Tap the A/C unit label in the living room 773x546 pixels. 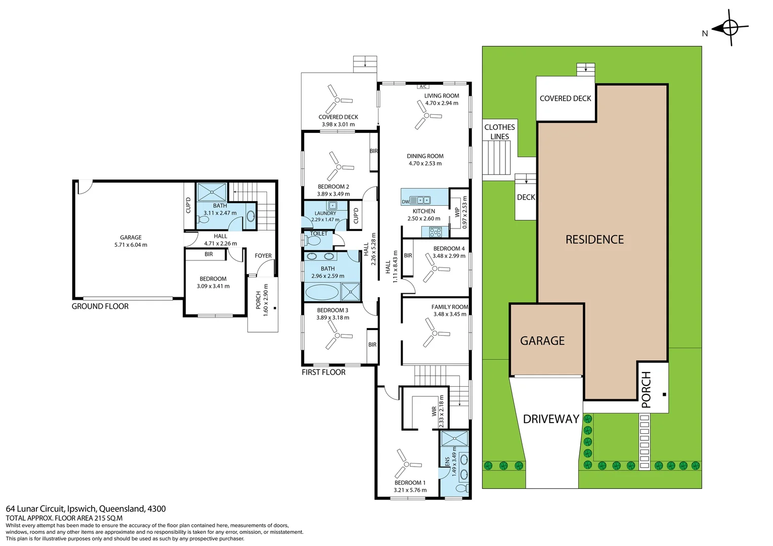click(x=423, y=86)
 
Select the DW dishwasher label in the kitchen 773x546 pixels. click(x=405, y=202)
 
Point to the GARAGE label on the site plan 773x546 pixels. click(x=542, y=341)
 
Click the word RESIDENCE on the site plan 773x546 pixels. click(x=594, y=239)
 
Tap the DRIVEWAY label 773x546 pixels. click(x=551, y=419)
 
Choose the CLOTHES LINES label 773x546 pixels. click(x=499, y=132)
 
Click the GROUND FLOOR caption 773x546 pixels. click(x=100, y=306)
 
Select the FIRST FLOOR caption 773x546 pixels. click(x=323, y=372)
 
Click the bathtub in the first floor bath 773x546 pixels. click(x=322, y=292)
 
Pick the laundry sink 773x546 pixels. click(x=332, y=206)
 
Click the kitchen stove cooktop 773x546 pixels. click(x=435, y=232)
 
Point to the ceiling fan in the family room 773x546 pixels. click(x=435, y=333)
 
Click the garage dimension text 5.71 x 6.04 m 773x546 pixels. click(x=131, y=245)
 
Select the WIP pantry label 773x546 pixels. click(x=457, y=212)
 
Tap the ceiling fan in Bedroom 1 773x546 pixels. click(x=407, y=464)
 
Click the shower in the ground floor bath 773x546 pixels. click(x=211, y=192)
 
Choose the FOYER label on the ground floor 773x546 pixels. click(x=263, y=256)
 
